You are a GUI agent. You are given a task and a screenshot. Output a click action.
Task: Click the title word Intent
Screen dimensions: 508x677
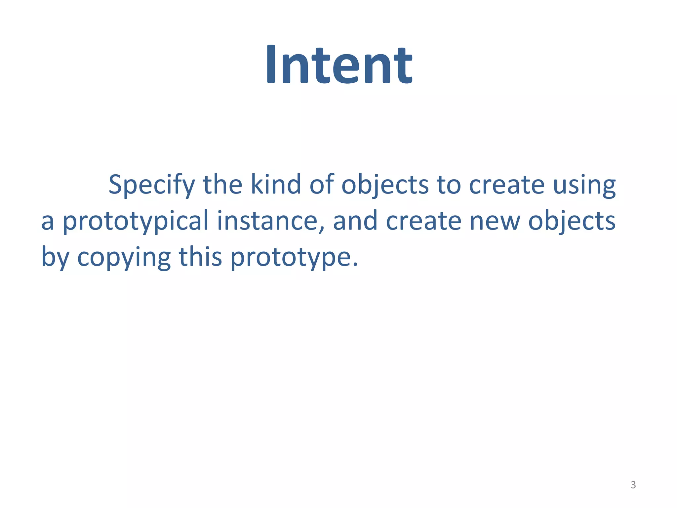338,64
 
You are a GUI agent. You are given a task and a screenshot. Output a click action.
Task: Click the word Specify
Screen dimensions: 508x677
151,185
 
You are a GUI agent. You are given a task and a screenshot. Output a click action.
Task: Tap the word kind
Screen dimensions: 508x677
275,185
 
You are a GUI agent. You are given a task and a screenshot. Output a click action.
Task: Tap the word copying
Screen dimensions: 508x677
124,257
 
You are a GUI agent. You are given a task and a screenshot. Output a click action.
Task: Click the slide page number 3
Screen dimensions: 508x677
633,485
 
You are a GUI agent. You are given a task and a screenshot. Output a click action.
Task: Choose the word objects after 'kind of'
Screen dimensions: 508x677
385,185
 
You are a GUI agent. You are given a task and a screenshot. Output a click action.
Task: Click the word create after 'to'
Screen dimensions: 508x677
507,185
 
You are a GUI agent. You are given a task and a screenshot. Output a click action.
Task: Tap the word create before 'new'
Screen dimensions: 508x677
423,221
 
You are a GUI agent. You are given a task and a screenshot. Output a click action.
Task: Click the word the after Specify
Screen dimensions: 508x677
222,185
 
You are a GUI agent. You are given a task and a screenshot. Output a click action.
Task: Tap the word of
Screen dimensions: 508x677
322,185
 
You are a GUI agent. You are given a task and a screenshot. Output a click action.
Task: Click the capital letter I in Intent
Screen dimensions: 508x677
271,64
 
